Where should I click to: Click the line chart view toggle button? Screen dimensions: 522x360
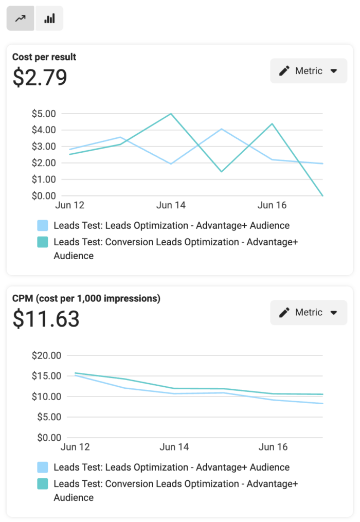[x=21, y=19]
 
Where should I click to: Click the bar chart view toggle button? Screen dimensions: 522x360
[x=49, y=19]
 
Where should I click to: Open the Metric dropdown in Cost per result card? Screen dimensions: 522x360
[x=309, y=71]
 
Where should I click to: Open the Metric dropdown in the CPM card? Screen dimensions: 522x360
[x=309, y=312]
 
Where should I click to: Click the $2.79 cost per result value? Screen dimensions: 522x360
[x=40, y=78]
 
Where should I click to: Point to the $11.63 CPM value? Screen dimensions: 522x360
[x=46, y=319]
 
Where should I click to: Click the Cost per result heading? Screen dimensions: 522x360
[x=44, y=57]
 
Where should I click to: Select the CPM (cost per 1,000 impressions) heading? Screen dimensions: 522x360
[x=86, y=298]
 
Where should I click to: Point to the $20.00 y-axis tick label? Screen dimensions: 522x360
[x=46, y=355]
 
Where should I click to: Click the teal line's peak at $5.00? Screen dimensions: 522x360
[x=171, y=114]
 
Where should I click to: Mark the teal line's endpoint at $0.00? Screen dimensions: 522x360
[x=322, y=195]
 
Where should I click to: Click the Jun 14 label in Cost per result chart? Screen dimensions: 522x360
[x=171, y=206]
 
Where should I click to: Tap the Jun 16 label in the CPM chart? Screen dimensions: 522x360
[x=273, y=447]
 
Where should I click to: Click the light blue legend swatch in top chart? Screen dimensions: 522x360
[x=43, y=225]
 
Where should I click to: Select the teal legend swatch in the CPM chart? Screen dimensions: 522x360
[x=43, y=484]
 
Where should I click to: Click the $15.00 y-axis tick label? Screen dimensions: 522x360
[x=46, y=376]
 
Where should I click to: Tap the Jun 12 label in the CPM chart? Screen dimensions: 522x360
[x=75, y=447]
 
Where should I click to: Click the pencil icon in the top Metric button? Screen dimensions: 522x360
[x=284, y=71]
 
